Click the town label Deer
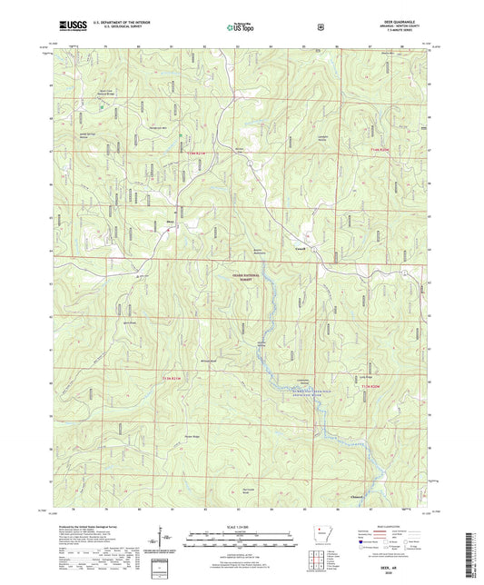point(169,218)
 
